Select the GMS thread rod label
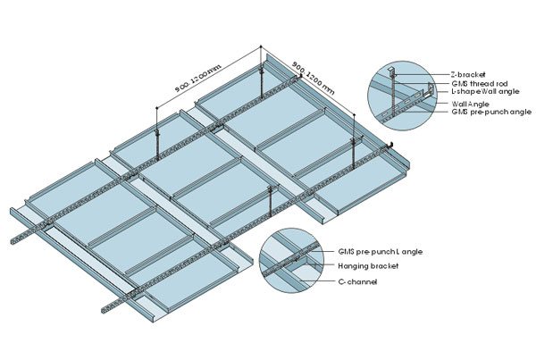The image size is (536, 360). [x=475, y=82]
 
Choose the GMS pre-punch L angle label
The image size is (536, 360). [x=381, y=252]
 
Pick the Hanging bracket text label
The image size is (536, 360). [x=368, y=265]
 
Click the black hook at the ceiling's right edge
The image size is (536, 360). [x=389, y=145]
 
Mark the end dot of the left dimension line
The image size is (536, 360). [x=157, y=108]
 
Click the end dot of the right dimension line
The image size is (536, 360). [x=355, y=115]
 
